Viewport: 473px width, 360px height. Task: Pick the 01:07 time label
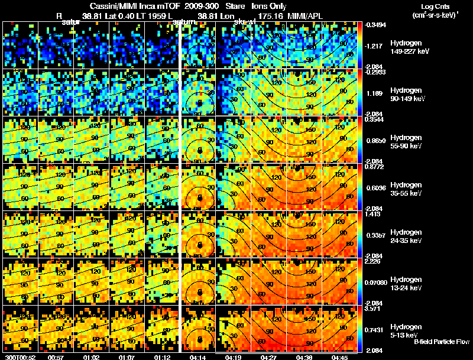pyautogui.click(x=127, y=356)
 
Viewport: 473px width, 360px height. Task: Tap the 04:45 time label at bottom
pyautogui.click(x=341, y=356)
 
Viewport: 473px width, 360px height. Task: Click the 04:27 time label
pyautogui.click(x=269, y=356)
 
